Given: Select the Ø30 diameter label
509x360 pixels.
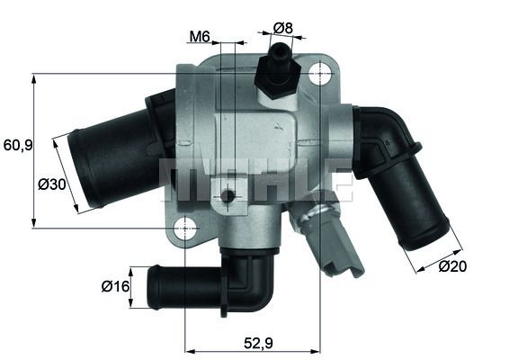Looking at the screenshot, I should pyautogui.click(x=50, y=184).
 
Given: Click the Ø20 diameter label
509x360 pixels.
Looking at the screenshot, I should pyautogui.click(x=455, y=265).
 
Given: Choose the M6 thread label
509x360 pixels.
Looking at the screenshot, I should pyautogui.click(x=200, y=37).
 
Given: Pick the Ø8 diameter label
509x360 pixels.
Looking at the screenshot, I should pyautogui.click(x=283, y=28).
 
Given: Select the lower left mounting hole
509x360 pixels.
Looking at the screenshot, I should pyautogui.click(x=184, y=228).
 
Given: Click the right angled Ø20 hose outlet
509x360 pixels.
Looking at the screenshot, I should pyautogui.click(x=409, y=202).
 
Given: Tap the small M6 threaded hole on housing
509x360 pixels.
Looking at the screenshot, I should pyautogui.click(x=230, y=196).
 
